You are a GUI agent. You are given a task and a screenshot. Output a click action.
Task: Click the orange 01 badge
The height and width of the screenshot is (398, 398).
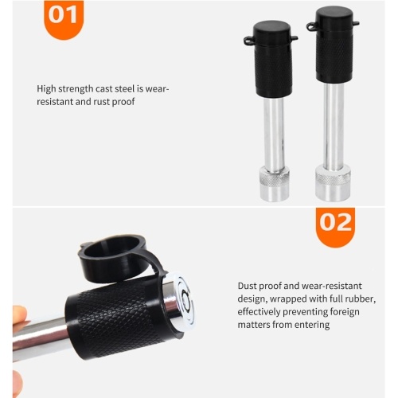64,18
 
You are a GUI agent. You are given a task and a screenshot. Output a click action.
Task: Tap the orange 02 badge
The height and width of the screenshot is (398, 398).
335,227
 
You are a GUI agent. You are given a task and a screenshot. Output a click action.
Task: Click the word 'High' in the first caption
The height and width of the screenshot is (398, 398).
46,89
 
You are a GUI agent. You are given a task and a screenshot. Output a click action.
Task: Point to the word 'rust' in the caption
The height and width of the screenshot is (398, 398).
102,102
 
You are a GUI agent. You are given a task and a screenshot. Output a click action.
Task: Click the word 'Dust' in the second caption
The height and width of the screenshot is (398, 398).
247,286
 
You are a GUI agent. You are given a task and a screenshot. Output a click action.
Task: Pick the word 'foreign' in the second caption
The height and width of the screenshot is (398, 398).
345,312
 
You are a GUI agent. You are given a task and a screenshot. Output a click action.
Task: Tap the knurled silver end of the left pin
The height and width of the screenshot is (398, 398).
275,185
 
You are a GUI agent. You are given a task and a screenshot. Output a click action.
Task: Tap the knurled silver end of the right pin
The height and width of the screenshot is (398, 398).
334,182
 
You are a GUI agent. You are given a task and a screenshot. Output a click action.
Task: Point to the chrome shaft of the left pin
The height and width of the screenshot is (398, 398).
274,134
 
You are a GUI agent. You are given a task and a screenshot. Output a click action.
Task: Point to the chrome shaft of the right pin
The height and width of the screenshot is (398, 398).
334,125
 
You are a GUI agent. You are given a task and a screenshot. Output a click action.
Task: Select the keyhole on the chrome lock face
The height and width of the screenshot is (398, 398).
185,300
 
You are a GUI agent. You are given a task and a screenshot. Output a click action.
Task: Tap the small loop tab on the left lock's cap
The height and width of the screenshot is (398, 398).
248,41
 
